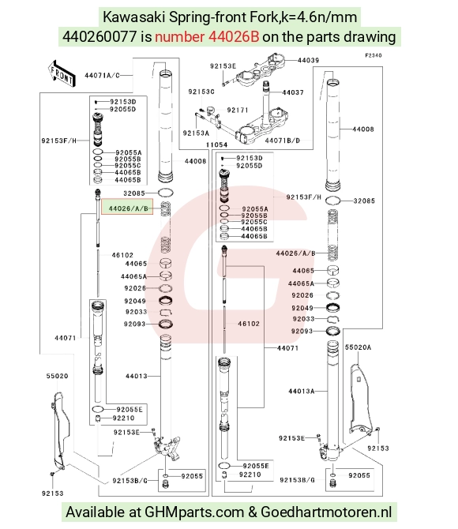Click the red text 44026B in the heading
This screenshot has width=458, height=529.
[x=234, y=37]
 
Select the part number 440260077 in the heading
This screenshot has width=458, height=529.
[x=99, y=37]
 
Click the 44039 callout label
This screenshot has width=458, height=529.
[x=308, y=60]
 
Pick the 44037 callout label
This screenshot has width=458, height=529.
[x=293, y=92]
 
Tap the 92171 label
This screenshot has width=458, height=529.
[x=238, y=110]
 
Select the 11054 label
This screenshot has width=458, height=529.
[x=216, y=144]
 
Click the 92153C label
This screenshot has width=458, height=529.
[x=201, y=92]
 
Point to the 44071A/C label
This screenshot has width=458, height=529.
[x=102, y=75]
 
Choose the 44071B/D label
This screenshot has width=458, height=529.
[x=283, y=141]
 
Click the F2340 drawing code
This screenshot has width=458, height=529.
[x=374, y=55]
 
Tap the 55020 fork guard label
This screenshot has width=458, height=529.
[x=57, y=376]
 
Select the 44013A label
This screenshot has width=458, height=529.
[x=302, y=391]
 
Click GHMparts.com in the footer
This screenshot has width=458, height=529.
[x=194, y=512]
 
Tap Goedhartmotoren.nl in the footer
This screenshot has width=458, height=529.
[x=326, y=512]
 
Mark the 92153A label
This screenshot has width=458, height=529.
[x=196, y=133]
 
